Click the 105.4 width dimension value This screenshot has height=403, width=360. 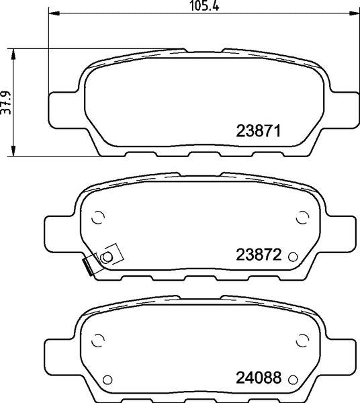(x=205, y=6)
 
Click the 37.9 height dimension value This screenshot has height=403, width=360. (x=6, y=103)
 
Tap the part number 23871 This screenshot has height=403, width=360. (x=258, y=131)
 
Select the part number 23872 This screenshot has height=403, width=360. (x=259, y=255)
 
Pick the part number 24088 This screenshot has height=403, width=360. (x=259, y=377)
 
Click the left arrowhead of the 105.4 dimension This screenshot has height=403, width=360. (x=54, y=13)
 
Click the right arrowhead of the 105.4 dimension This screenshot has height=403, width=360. (x=355, y=13)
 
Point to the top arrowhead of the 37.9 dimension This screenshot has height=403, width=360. (x=13, y=54)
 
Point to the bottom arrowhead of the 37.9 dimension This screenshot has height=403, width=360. (x=13, y=150)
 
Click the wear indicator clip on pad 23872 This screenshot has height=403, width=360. (x=103, y=259)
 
